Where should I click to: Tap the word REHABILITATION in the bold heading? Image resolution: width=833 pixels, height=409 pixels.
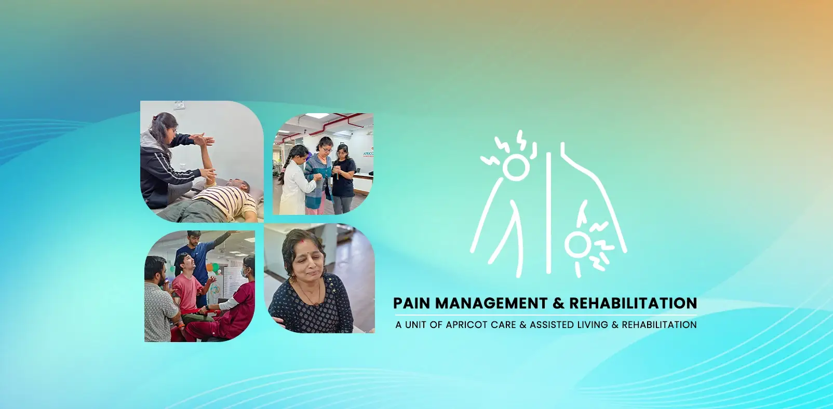[633, 303]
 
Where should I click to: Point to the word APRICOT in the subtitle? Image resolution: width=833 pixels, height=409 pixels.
[465, 325]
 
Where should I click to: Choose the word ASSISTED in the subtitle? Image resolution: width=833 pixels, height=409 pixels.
[552, 325]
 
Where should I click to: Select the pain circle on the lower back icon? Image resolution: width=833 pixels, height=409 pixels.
[575, 244]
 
